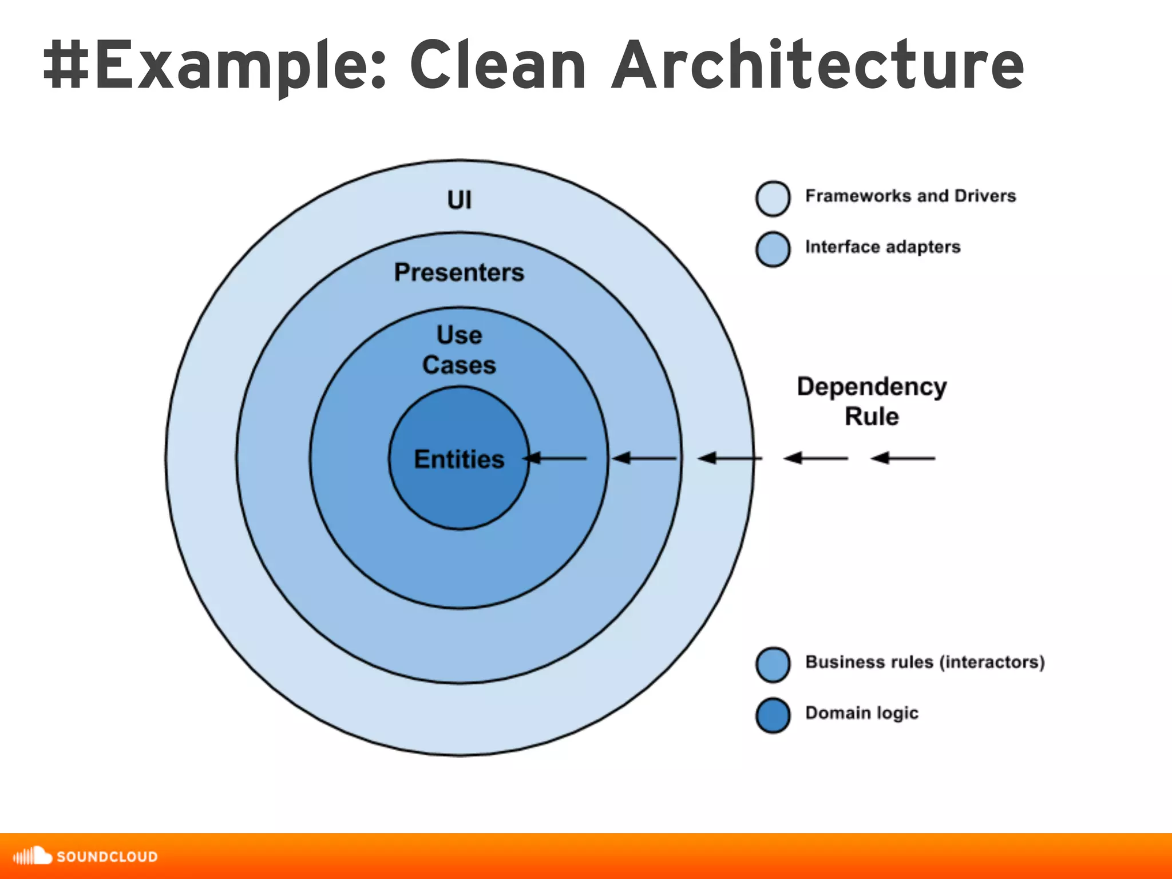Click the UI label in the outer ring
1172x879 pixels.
click(x=460, y=200)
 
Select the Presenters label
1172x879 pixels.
click(x=459, y=272)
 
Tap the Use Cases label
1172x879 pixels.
click(x=459, y=350)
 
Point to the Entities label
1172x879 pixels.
click(x=459, y=459)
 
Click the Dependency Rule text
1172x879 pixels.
click(x=872, y=401)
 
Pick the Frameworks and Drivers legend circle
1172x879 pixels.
click(x=773, y=199)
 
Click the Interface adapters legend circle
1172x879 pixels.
click(x=773, y=249)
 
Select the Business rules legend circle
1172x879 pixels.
click(x=773, y=664)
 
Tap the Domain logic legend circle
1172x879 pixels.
click(x=773, y=715)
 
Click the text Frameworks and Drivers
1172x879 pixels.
click(x=910, y=196)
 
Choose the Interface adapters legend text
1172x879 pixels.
click(x=882, y=247)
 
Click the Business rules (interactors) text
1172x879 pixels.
click(x=925, y=662)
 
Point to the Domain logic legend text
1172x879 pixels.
click(x=861, y=713)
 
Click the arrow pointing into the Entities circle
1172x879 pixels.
click(x=555, y=458)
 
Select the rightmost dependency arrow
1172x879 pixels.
click(x=903, y=458)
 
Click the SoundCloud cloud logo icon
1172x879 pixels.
click(x=33, y=856)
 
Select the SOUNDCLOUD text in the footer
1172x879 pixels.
click(x=107, y=857)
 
